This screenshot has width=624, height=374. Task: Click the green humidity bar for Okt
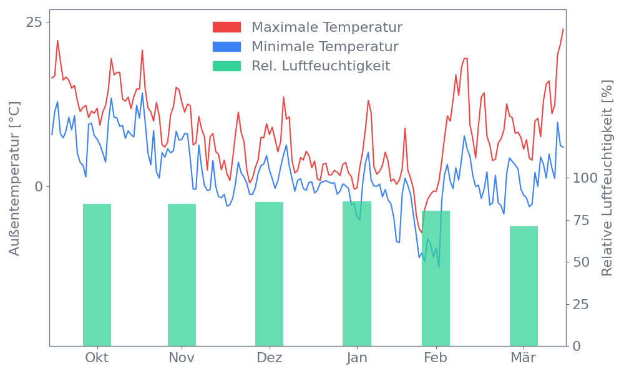tap(97, 274)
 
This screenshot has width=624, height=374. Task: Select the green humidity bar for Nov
tap(182, 274)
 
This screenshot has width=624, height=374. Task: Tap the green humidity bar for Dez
tap(269, 274)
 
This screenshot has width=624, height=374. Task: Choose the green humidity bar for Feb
tap(436, 278)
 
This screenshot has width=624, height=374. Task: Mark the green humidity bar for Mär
tap(524, 285)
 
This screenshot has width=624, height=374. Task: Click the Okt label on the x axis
tap(97, 358)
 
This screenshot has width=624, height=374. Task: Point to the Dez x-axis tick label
tap(269, 358)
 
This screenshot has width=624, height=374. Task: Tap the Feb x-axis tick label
tap(436, 358)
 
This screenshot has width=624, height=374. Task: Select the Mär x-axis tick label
tap(524, 358)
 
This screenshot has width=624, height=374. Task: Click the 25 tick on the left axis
tap(34, 22)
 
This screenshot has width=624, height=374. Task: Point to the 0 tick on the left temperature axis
tap(39, 186)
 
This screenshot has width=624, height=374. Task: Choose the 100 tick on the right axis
tap(585, 178)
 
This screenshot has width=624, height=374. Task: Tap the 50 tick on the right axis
tap(581, 262)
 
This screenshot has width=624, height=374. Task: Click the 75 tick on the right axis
tap(581, 220)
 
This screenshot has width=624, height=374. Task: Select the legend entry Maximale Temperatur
tap(327, 27)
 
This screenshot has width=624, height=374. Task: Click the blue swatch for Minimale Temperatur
tap(227, 47)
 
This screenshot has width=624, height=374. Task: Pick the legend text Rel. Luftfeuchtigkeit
tap(321, 65)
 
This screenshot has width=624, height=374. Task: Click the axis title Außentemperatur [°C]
tap(15, 178)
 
